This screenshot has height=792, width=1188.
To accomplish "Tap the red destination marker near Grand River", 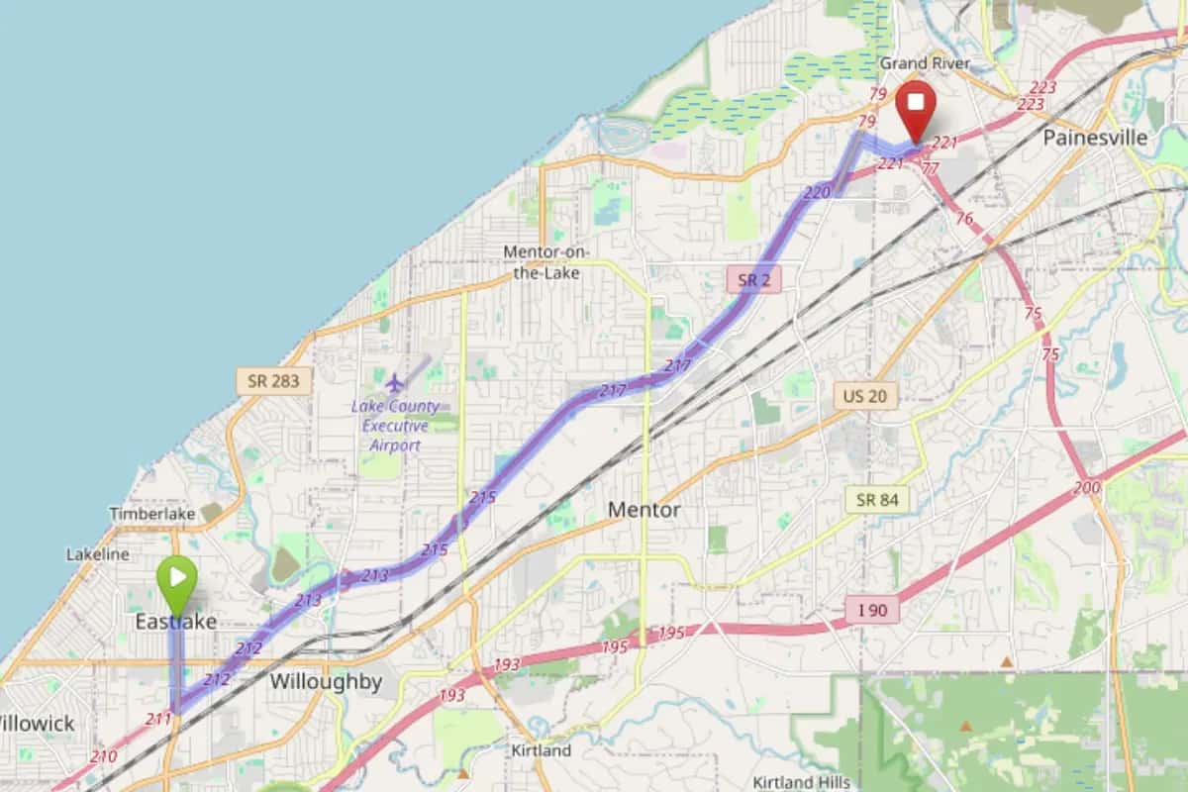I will point(916,108).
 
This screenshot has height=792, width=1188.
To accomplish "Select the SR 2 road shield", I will point(753,280).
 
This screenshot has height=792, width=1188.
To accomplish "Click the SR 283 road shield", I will point(260,380).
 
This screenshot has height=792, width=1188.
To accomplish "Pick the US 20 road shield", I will point(864,397).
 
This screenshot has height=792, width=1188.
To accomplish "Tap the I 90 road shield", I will point(872,610).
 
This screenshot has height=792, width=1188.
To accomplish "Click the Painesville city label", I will point(1095,138).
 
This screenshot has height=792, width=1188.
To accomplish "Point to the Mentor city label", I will point(643,510).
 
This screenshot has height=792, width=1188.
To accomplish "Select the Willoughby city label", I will point(326,682).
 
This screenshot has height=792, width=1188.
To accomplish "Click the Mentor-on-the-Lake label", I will point(546,261).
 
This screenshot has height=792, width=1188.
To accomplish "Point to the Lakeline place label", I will point(98,554).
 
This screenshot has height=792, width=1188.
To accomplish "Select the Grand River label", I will point(925,63).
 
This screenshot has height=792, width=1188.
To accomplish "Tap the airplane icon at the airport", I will point(395,382).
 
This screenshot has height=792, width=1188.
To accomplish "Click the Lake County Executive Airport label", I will point(389,426).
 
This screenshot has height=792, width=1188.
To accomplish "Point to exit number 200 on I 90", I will point(1087,487).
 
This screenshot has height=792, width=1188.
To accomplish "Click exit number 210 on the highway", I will point(103,756).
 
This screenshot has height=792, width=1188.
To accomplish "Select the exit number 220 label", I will point(816,193).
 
